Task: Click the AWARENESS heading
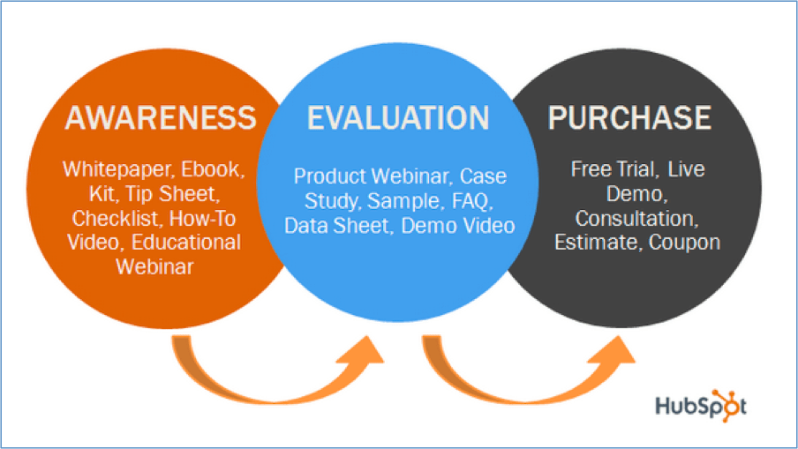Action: (x=159, y=117)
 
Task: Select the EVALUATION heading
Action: (x=398, y=117)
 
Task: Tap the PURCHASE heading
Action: (x=629, y=117)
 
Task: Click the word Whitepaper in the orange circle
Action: (x=108, y=169)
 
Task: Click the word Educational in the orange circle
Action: (x=188, y=242)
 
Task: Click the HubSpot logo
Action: (x=701, y=405)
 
